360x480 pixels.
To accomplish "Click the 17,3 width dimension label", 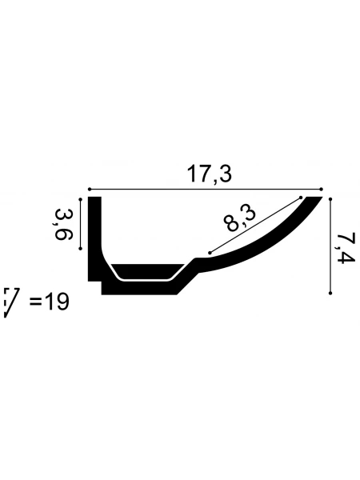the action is point(210,174).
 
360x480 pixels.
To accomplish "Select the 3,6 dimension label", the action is point(63,224).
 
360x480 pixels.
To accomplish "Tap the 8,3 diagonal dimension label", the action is point(239,218).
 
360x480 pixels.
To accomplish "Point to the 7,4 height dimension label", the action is point(346,248).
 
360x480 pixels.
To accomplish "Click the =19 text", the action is point(50,302).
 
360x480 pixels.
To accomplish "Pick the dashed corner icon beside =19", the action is point(11,302).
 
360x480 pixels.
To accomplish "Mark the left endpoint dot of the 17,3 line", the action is point(90,190).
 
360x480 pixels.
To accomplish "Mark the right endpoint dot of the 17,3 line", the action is point(321,189).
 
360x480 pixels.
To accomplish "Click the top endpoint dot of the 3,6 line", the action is point(81,199).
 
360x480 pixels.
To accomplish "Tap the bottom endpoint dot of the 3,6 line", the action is point(81,249).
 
